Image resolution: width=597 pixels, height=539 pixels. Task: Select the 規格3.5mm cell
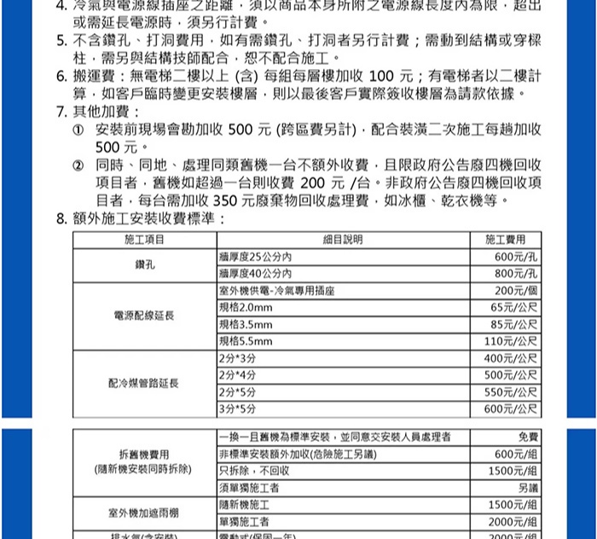[246, 325]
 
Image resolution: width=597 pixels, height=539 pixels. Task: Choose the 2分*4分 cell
[238, 374]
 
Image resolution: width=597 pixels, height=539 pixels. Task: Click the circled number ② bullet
[80, 164]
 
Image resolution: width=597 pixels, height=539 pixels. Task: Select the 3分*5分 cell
[238, 409]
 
